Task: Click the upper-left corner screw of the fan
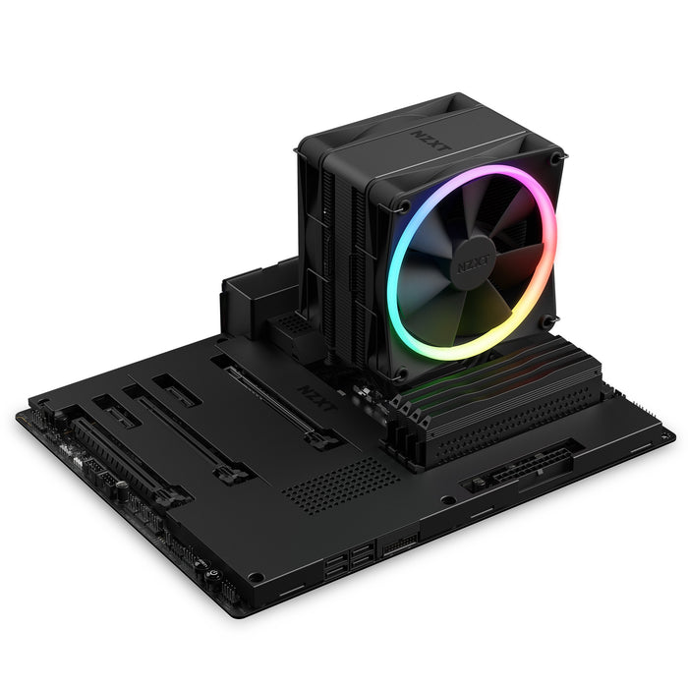tap(402, 205)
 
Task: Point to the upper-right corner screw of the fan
tap(556, 158)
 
